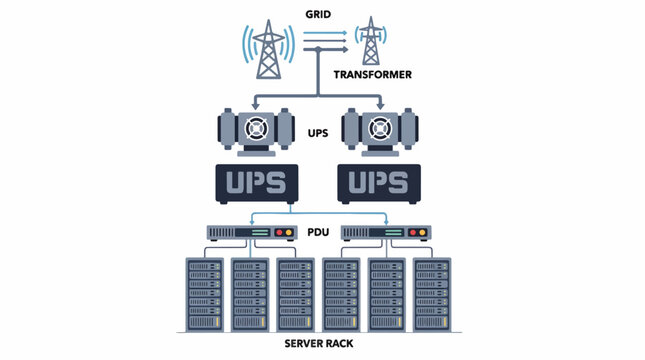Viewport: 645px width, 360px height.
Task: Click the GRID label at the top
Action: [318, 14]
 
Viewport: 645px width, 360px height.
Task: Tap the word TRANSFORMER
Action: [373, 74]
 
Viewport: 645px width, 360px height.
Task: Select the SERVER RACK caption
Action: [319, 344]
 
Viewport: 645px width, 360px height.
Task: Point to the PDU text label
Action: [318, 232]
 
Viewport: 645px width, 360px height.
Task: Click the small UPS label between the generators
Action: [318, 133]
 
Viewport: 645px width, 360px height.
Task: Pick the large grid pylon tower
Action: [269, 49]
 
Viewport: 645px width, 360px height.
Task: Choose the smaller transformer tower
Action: [371, 41]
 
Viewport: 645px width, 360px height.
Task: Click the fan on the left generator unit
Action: [256, 128]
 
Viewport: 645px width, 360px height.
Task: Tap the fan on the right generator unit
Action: [380, 128]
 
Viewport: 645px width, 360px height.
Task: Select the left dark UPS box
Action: [257, 183]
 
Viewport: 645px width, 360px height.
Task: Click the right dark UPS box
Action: [379, 183]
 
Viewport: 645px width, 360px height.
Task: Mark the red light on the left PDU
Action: [280, 232]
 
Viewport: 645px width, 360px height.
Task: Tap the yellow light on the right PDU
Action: [422, 232]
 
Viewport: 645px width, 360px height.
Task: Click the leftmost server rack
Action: [205, 295]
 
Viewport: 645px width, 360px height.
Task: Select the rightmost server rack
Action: [432, 295]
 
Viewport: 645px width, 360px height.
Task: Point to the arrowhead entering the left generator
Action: [255, 106]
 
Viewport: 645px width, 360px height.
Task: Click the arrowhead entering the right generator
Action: [381, 106]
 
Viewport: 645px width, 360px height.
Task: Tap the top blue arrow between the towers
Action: [325, 33]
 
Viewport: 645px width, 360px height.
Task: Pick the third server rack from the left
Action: [296, 295]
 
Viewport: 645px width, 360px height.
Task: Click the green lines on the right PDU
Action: [394, 232]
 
